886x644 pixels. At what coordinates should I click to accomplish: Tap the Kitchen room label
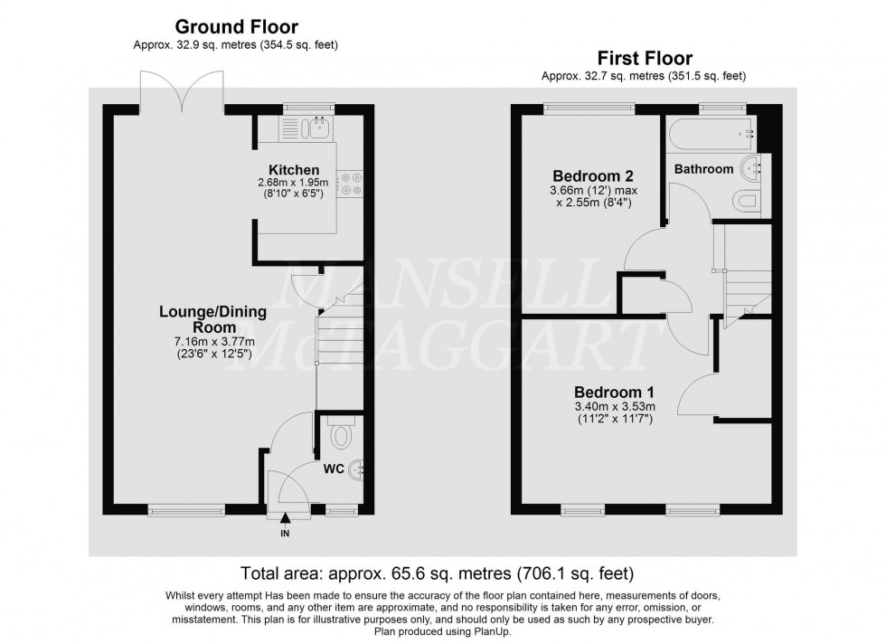coord(294,170)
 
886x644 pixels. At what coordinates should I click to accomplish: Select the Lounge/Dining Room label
coord(212,319)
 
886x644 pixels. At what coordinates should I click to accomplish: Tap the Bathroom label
coord(702,169)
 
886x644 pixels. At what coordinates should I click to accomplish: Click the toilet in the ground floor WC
coord(342,437)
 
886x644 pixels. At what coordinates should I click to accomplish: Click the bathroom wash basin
coord(752,168)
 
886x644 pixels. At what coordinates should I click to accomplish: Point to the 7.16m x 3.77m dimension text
coord(212,343)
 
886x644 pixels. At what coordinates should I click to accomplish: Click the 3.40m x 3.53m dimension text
coord(615,408)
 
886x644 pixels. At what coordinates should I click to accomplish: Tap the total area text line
coord(437,573)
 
